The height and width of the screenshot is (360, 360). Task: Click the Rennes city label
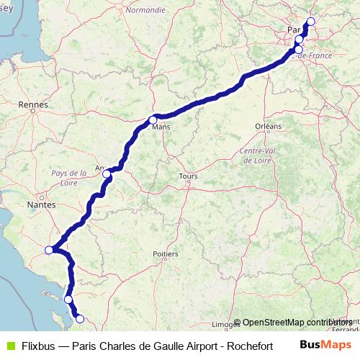[x=34, y=104]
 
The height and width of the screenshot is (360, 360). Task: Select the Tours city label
[x=188, y=176]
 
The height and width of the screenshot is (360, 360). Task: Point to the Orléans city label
[x=268, y=125]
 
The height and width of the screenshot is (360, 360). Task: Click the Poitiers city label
[x=166, y=253]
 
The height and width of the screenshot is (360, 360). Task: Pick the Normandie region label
[x=145, y=11]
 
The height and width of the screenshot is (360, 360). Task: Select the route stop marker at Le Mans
[x=153, y=120]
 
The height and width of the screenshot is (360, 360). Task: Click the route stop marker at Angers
[x=107, y=174]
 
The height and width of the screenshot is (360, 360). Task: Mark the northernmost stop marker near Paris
[x=311, y=21]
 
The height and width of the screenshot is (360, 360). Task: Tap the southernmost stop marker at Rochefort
[x=80, y=319]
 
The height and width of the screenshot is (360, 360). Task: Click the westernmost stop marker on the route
[x=49, y=250]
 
